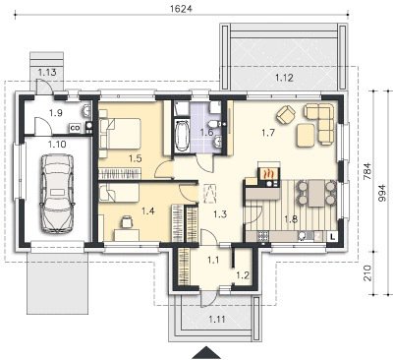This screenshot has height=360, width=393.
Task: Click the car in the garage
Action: point(56,194)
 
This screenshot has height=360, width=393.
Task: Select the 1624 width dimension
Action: point(181,9)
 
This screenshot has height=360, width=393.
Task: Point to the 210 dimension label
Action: point(368,273)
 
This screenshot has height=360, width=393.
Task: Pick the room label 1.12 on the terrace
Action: point(284,78)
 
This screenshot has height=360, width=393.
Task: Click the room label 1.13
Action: point(47,72)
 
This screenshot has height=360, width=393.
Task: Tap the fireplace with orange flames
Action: point(269,174)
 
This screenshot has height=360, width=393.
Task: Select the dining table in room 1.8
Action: point(315,193)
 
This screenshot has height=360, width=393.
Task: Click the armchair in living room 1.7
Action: point(286,114)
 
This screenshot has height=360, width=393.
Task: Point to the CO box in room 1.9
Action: point(76,128)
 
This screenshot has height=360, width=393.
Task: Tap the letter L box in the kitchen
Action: point(332,236)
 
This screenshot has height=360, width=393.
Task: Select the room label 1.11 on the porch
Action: point(217,319)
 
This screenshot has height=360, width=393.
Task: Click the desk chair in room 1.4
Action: point(127,222)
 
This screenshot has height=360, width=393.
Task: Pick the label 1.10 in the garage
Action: point(57,144)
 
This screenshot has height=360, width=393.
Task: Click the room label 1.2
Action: point(243,275)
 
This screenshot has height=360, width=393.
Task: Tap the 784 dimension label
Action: point(367,171)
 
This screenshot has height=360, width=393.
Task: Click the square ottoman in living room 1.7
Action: point(307,135)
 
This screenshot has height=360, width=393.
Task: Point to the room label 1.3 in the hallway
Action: point(220,214)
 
